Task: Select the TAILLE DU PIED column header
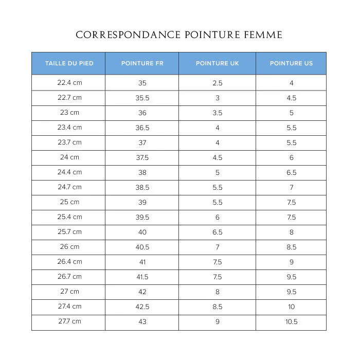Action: [x=69, y=63]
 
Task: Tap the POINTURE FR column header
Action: [x=142, y=63]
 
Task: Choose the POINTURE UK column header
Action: [x=218, y=63]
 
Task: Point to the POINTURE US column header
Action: [x=291, y=63]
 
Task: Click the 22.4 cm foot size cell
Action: [x=69, y=82]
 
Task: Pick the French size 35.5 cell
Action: [x=142, y=98]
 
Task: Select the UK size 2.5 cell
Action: [x=218, y=83]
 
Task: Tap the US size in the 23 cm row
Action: [x=292, y=113]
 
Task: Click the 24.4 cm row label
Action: [x=69, y=172]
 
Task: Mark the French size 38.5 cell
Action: [x=142, y=188]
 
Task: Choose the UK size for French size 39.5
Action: [x=218, y=218]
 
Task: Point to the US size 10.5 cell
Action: [x=292, y=322]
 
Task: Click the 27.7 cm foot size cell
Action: [x=69, y=321]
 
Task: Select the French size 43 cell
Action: [x=142, y=322]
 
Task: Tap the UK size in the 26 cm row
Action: [x=218, y=247]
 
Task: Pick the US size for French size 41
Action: [x=292, y=262]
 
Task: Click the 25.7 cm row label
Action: [x=69, y=232]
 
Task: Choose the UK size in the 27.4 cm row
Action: [x=218, y=307]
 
